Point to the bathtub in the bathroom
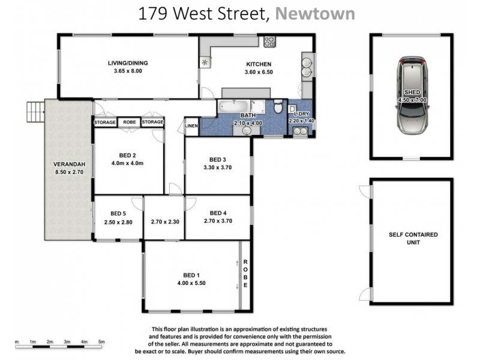click(x=233, y=107)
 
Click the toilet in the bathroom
click(x=278, y=107)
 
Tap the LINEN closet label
click(x=191, y=125)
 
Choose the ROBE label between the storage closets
click(x=129, y=122)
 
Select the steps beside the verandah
click(x=35, y=111)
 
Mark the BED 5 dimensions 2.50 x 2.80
click(x=118, y=222)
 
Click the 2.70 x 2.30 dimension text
click(x=164, y=221)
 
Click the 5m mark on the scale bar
click(x=101, y=341)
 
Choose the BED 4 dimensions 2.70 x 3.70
click(x=217, y=221)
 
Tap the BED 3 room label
click(x=217, y=160)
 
